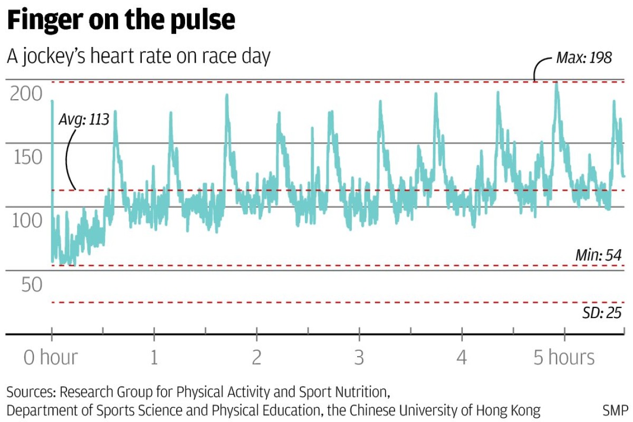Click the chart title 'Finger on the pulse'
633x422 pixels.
click(x=121, y=20)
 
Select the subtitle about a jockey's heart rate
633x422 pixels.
click(x=138, y=56)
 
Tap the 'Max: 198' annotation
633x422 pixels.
click(x=584, y=57)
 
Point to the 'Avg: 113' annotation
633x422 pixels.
click(x=83, y=120)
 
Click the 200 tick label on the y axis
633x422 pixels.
click(x=26, y=94)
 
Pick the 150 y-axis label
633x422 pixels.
click(x=26, y=157)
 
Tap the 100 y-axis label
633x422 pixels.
click(x=26, y=220)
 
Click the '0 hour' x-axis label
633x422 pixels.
click(x=51, y=358)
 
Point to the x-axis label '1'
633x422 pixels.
click(x=154, y=358)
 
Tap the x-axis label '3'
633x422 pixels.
click(x=359, y=358)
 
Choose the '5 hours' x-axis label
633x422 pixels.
click(x=564, y=358)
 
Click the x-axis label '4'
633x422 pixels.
click(x=462, y=358)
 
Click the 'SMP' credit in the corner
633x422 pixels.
click(x=615, y=410)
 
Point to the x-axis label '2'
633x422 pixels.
click(x=256, y=358)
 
